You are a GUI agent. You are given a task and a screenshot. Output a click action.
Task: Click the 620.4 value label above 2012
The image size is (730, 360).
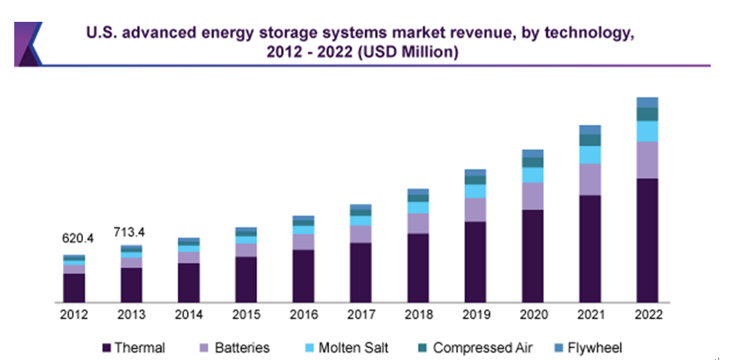[x=78, y=238]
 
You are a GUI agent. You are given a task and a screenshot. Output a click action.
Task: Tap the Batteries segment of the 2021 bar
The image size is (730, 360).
[x=590, y=179]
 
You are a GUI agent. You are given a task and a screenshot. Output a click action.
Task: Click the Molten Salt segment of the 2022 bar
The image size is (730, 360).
[x=647, y=131]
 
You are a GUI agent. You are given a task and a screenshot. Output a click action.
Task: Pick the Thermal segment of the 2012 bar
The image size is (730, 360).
[x=75, y=287]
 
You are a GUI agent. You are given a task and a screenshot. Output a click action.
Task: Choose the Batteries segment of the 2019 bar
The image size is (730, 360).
[x=475, y=210]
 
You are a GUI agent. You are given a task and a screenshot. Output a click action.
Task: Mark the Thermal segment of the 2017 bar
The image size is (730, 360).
[x=361, y=272]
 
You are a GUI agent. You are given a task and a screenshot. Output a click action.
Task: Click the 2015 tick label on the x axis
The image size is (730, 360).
[x=246, y=315]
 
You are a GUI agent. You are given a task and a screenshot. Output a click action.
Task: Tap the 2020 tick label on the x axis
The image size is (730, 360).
[x=532, y=315]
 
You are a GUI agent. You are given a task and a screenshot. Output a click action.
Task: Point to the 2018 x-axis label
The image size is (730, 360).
[x=418, y=315]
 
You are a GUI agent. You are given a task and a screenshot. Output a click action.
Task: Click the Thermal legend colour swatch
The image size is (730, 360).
[x=107, y=347]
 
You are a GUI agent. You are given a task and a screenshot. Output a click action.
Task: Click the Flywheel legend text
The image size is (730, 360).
[x=595, y=347]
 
